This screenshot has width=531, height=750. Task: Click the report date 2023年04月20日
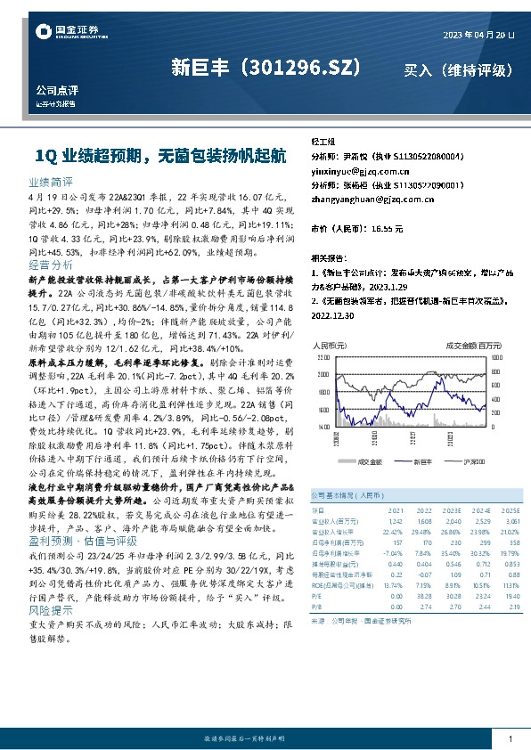(x=478, y=34)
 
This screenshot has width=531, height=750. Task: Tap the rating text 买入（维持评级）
(x=458, y=69)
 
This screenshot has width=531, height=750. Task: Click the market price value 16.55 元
(x=385, y=228)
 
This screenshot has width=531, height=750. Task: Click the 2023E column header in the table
(x=428, y=509)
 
